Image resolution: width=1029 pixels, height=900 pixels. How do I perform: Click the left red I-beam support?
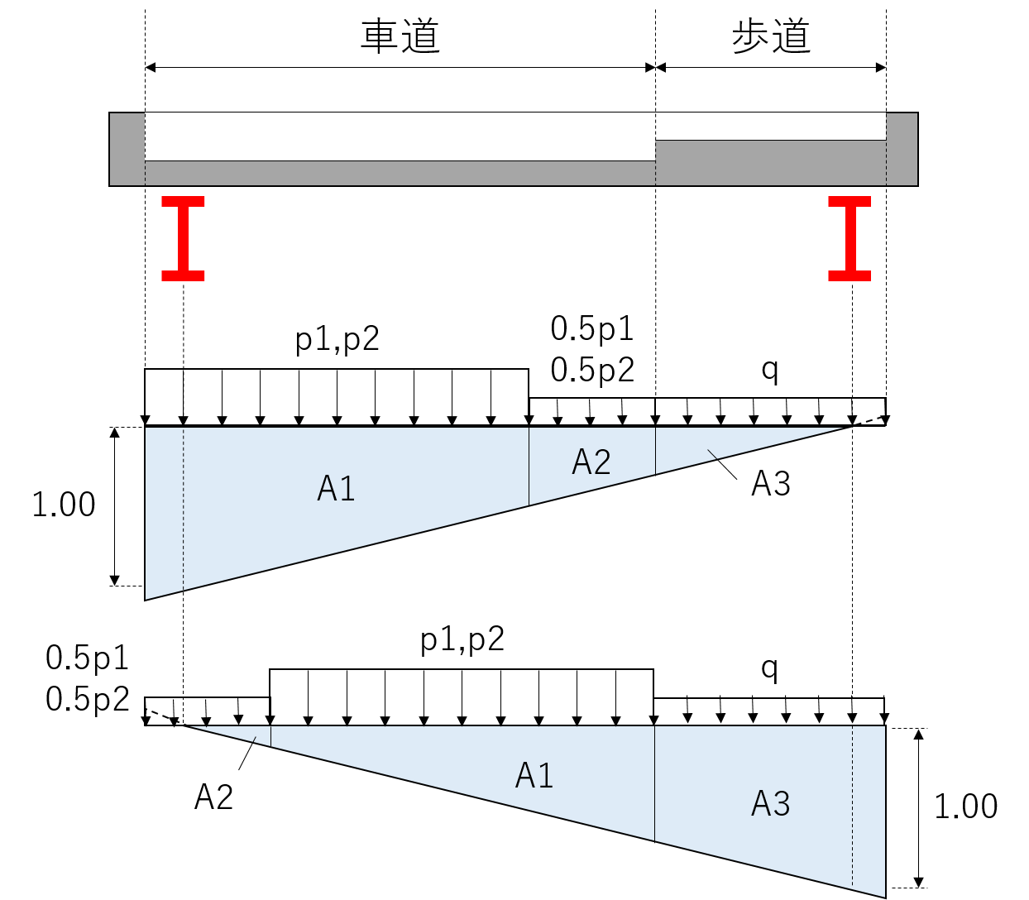183,238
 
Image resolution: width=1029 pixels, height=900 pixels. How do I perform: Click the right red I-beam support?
850,238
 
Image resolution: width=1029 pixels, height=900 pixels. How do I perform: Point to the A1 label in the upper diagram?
336,489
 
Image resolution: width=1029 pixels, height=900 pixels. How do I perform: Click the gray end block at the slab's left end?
127,149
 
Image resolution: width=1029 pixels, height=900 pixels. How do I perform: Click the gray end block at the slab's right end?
902,149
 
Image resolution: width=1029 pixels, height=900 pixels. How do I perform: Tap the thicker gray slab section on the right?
770,162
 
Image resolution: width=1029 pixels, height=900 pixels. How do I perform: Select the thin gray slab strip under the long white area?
400,173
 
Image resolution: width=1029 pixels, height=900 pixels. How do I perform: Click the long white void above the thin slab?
400,136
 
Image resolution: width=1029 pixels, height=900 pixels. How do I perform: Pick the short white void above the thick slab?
770,127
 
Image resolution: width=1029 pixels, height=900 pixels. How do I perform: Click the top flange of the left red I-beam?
183,201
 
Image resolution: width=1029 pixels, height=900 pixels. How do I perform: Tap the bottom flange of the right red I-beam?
850,276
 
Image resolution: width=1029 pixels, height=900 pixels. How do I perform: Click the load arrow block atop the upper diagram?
707,411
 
